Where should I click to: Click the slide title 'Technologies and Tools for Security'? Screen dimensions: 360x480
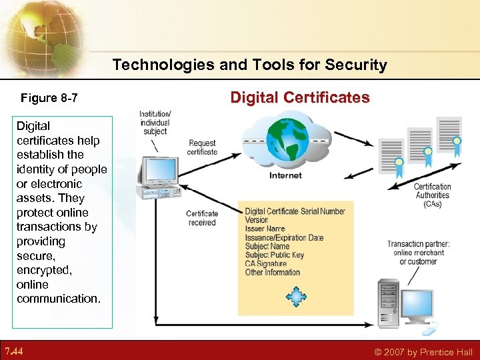click(249, 65)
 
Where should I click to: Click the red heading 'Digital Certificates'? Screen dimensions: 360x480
click(299, 97)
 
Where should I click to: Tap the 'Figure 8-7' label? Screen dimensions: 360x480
click(49, 99)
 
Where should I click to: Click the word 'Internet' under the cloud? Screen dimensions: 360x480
click(285, 175)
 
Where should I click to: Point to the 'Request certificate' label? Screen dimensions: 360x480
click(202, 147)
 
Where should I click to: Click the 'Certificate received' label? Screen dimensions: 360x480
click(202, 218)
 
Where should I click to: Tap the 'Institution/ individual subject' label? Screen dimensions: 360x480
click(155, 123)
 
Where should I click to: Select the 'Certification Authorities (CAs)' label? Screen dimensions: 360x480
click(432, 195)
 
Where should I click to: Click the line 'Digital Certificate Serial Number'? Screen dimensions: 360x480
click(295, 211)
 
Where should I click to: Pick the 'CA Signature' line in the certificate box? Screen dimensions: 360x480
click(265, 264)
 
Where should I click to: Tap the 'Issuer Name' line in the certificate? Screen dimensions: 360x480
click(265, 229)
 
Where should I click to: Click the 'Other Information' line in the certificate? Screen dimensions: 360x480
click(272, 272)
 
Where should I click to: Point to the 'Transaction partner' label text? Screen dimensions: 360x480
click(418, 244)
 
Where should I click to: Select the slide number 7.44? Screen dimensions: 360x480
click(14, 351)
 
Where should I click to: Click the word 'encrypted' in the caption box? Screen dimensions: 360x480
click(45, 270)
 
